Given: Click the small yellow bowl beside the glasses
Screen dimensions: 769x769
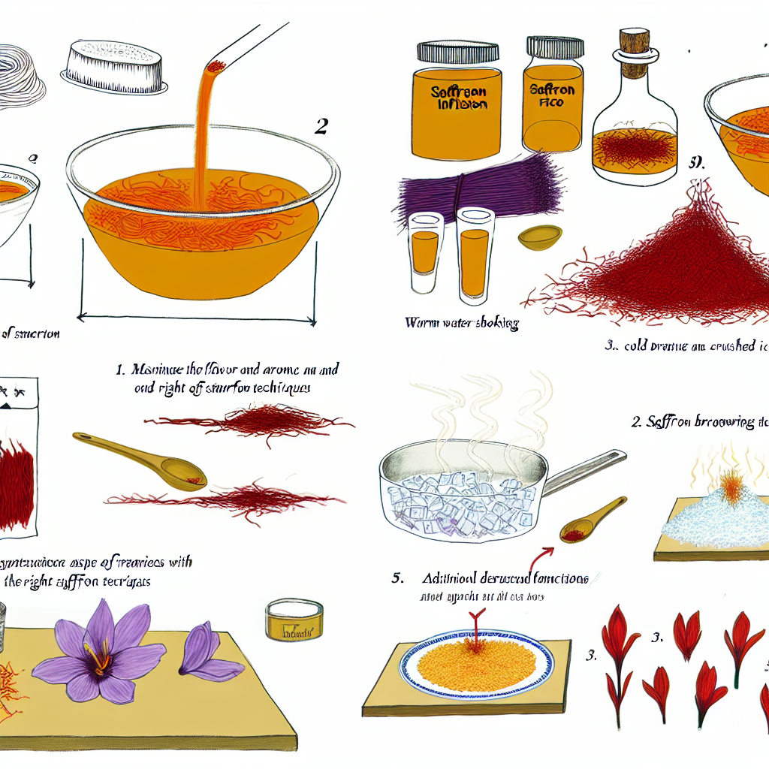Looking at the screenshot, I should click(540, 237).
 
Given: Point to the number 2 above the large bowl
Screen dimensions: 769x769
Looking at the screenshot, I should click(321, 127).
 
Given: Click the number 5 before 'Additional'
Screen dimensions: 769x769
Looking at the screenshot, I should click(397, 580).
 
